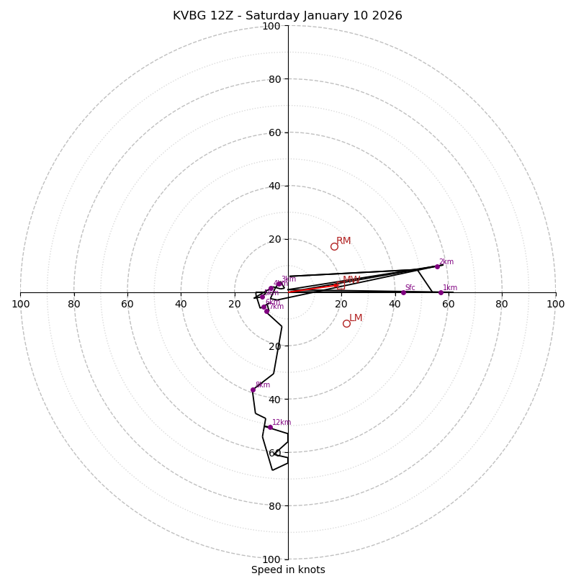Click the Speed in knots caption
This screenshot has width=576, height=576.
coord(288,570)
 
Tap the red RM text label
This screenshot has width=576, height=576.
coord(343,241)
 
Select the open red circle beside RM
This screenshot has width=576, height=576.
coord(334,246)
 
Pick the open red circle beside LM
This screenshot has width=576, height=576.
coord(346,323)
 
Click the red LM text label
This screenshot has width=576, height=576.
coord(356,318)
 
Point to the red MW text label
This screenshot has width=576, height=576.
coord(351,280)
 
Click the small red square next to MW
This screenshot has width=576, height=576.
coord(341,286)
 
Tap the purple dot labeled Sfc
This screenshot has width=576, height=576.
coord(403,292)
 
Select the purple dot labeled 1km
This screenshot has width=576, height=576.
coord(441,292)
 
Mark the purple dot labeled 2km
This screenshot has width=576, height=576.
coord(437,266)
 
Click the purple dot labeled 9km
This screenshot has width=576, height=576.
coord(253,390)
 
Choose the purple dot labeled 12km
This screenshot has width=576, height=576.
coord(270,427)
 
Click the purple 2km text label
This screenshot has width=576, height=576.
coord(446,262)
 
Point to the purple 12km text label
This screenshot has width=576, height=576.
coord(282,423)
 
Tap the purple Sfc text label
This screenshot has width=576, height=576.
coord(410,288)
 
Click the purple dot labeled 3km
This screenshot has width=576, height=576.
coord(279,284)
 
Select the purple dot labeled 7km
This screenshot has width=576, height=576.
coord(266,311)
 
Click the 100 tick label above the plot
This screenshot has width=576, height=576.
coord(271,27)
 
